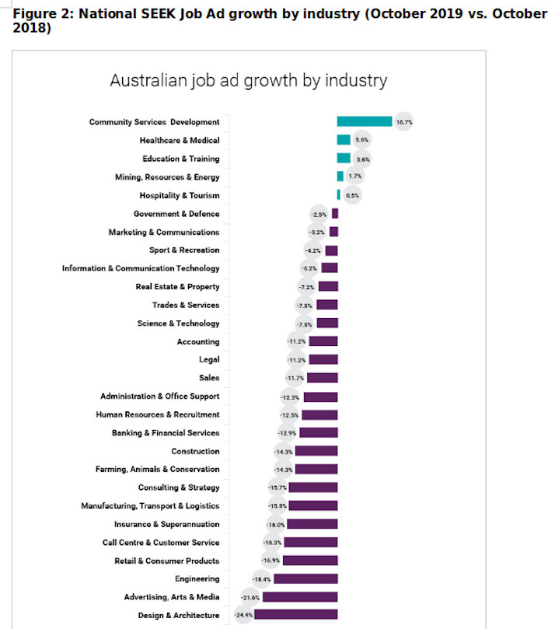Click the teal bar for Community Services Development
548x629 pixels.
tap(364, 121)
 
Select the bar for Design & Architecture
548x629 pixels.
tap(295, 614)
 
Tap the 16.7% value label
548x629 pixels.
tap(403, 122)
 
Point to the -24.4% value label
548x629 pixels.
tap(243, 614)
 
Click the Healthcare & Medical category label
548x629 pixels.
tap(180, 141)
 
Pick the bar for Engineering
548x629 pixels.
tap(305, 578)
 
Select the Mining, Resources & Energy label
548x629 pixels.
tap(167, 177)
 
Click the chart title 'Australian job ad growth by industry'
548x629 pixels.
tap(249, 81)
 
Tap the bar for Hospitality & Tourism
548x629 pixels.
tap(339, 194)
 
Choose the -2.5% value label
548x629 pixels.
tap(319, 214)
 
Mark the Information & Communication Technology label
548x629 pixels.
tap(141, 268)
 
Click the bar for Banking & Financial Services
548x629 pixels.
tap(319, 432)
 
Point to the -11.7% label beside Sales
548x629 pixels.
tap(296, 378)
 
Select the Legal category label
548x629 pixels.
tap(209, 360)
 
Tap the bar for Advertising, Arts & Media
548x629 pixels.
tap(301, 596)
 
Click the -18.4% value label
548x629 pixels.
tap(262, 578)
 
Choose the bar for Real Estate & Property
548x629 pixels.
tap(327, 286)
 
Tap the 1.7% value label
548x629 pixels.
tap(354, 177)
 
